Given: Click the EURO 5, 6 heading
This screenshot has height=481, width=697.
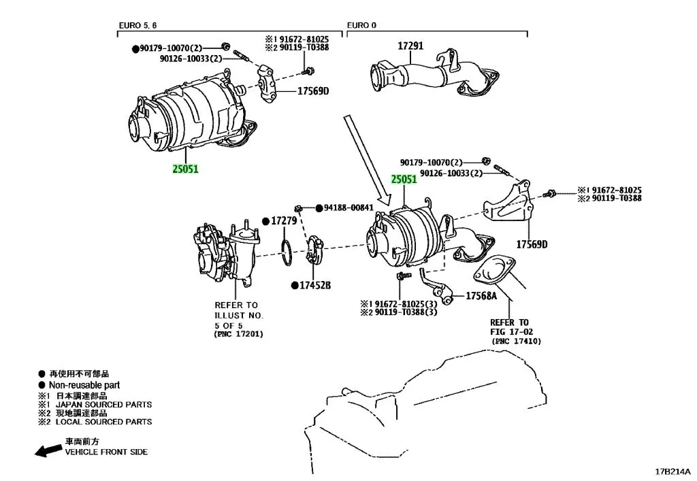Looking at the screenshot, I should click(137, 25).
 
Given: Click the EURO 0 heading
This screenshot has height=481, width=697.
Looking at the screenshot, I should click(361, 25).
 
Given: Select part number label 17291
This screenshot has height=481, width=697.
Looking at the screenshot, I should click(410, 46).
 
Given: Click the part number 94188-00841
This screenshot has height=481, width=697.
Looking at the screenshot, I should click(348, 208).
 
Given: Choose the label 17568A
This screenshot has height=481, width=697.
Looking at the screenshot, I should click(481, 296).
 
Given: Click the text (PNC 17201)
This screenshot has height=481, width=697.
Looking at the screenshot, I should click(238, 334).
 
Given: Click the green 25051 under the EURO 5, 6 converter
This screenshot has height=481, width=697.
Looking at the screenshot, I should click(184, 168).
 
